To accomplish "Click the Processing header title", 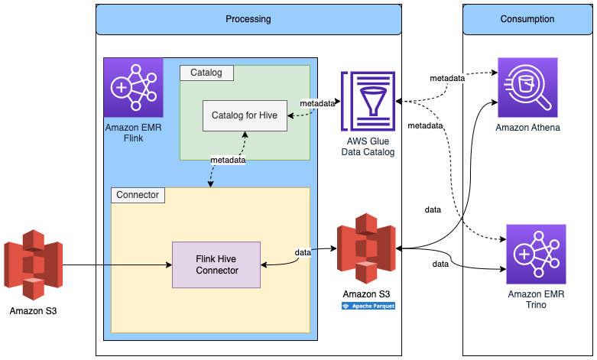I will [x=248, y=19].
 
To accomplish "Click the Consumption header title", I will [x=527, y=19].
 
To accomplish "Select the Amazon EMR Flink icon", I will [x=134, y=86].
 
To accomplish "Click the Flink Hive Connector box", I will [x=216, y=264].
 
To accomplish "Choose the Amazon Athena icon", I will [x=527, y=86].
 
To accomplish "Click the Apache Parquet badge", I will [x=368, y=306].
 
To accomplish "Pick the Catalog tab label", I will [x=206, y=73].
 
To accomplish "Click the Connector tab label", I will [x=138, y=195].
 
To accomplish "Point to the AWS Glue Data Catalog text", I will [x=368, y=148].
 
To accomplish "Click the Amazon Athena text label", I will [x=527, y=127].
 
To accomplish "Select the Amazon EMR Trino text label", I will [x=536, y=300].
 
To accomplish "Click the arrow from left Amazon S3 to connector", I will [x=115, y=265].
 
